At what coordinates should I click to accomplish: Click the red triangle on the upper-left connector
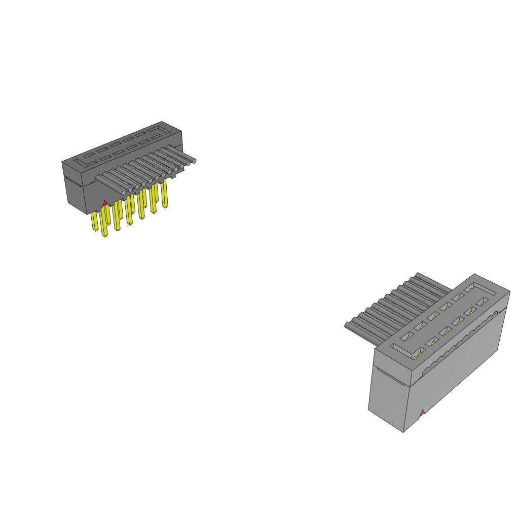[x=105, y=203]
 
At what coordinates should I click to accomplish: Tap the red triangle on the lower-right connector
[x=422, y=414]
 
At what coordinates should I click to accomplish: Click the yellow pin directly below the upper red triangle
[x=104, y=223]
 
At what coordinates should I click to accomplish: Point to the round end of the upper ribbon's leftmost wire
[x=124, y=193]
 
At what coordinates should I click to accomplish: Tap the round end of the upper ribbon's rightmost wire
[x=194, y=161]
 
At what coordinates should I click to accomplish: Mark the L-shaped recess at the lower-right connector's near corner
[x=403, y=348]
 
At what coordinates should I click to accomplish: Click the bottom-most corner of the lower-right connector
[x=403, y=432]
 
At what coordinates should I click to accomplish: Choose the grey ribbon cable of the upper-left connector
[x=147, y=167]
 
